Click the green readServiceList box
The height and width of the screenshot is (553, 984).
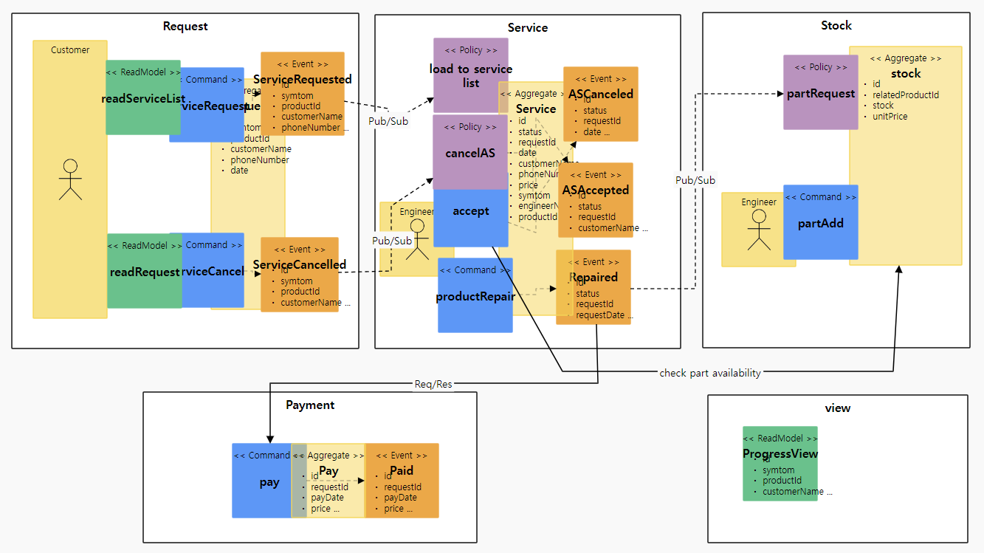(142, 97)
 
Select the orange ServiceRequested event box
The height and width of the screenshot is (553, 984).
(303, 93)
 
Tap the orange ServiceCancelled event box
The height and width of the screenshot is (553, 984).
(300, 274)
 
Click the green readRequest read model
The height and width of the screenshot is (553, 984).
(144, 270)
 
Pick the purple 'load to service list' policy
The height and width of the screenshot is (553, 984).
(470, 75)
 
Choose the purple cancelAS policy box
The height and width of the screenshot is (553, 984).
(470, 152)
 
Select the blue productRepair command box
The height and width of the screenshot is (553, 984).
(475, 295)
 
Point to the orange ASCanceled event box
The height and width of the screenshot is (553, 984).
(601, 104)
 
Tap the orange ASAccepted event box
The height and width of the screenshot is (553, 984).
(596, 200)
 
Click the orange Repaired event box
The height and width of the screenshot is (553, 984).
(594, 287)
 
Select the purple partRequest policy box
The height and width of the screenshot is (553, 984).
(820, 92)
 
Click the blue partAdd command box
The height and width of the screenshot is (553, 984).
(820, 221)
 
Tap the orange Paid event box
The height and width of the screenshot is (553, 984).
(402, 481)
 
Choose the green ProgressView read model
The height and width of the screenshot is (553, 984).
(780, 464)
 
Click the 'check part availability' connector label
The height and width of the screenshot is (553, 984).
(710, 373)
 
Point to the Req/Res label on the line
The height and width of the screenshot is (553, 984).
(433, 383)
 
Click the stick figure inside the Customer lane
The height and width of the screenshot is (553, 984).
(70, 179)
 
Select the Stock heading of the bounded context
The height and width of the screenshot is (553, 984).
(836, 26)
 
